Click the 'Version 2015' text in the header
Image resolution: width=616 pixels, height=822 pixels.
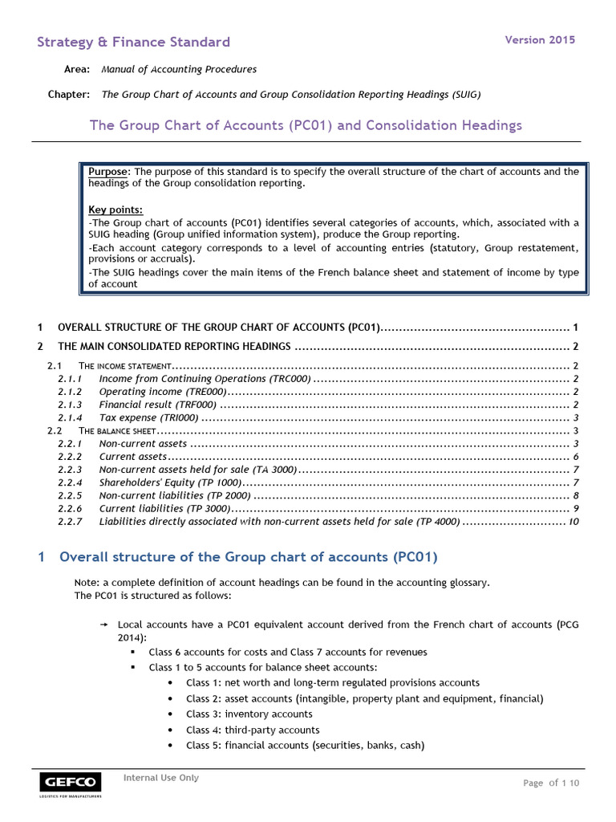pos(539,40)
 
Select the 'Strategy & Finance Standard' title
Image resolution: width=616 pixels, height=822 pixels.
pos(133,43)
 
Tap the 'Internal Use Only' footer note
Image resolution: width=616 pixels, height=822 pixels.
pos(160,778)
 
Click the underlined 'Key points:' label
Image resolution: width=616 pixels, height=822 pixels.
pos(115,210)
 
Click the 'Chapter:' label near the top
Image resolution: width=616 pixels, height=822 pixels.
pos(69,95)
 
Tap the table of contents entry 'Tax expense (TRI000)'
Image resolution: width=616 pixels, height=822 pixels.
pos(148,418)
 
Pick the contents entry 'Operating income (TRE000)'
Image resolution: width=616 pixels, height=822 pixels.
pos(163,392)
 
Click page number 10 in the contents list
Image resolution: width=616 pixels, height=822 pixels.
pos(573,522)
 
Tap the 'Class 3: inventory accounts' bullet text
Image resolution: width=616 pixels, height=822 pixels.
pos(249,714)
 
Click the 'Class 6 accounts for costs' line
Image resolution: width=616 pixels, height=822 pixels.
pos(287,652)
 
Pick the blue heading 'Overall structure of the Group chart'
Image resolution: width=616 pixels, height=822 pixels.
pos(249,557)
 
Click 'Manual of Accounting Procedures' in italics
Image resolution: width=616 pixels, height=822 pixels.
pos(179,70)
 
